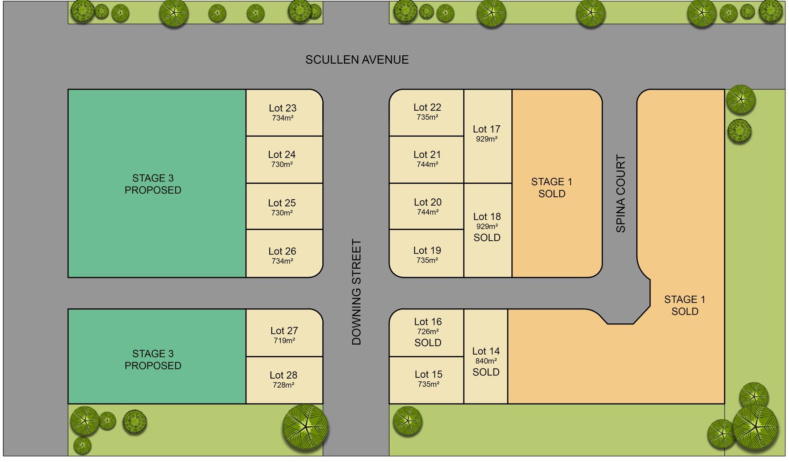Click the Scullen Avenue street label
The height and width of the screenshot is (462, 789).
357,60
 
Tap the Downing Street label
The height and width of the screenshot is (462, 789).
356,292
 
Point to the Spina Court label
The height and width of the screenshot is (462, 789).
621,194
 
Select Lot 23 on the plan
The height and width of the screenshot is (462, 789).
283,112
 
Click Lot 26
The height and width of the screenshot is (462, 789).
282,255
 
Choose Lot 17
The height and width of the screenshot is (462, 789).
486,133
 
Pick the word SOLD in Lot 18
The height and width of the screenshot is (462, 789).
487,238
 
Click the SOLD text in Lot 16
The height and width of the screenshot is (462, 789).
428,343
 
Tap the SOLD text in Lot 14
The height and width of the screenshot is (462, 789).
486,372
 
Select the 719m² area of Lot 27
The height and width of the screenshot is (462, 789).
284,340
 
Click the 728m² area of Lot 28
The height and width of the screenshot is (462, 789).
284,385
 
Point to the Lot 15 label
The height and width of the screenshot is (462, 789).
428,374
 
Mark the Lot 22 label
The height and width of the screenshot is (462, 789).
427,107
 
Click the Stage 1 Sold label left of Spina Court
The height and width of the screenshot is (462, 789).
552,188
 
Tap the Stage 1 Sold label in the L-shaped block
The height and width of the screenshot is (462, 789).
685,305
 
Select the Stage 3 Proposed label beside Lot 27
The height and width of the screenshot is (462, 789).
153,359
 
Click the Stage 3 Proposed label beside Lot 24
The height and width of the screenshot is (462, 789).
153,184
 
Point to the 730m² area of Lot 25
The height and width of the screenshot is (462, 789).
282,213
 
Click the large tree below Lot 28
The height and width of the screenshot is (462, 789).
305,427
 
